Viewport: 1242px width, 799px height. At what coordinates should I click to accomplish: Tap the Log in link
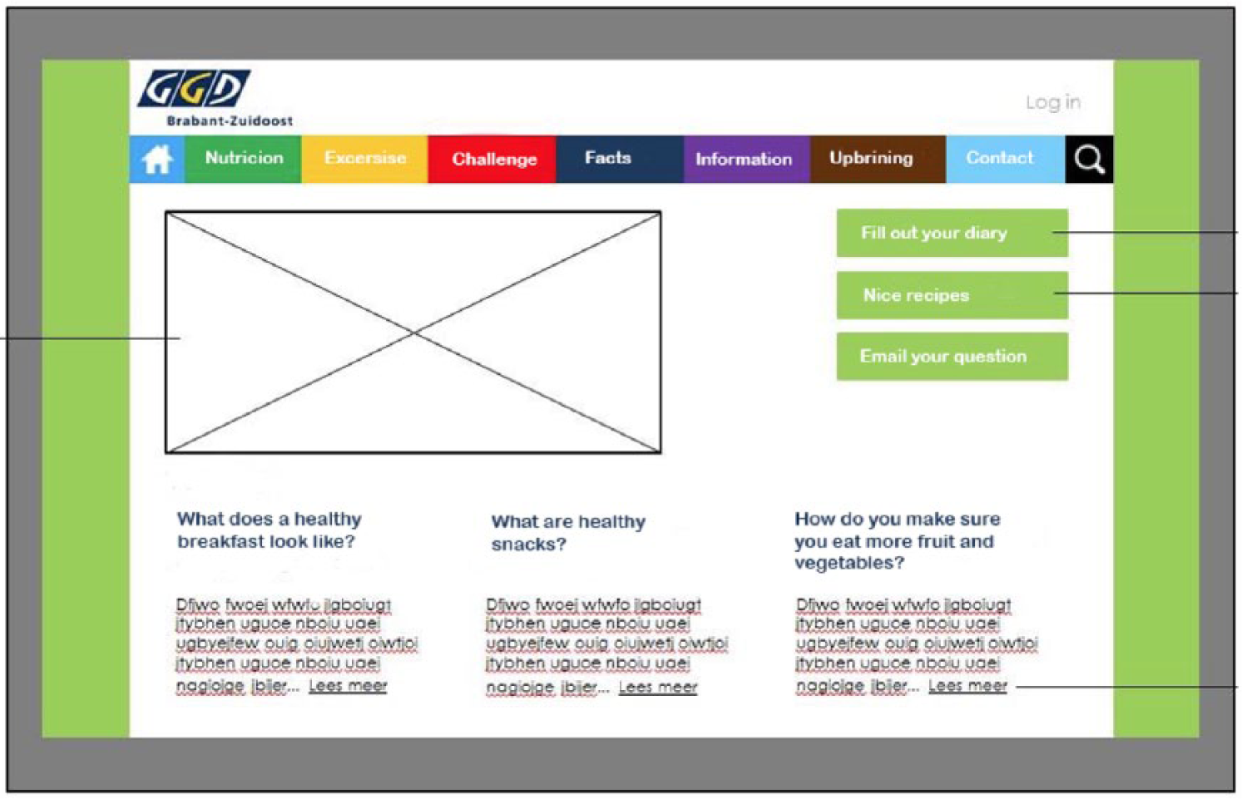1053,102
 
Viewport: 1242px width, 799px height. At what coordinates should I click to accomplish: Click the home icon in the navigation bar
157,159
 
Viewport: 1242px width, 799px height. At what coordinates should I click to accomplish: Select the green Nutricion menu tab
244,159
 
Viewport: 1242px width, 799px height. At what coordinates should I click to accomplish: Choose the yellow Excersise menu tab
365,159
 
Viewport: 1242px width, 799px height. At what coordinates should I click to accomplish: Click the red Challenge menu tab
492,159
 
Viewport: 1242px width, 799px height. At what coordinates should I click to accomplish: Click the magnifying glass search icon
1089,160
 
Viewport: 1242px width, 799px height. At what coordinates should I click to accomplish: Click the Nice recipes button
952,295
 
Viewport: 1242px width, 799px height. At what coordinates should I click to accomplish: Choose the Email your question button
952,357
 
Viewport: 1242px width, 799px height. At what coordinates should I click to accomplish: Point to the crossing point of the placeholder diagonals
413,333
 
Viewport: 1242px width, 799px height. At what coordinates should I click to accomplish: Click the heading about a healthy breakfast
270,530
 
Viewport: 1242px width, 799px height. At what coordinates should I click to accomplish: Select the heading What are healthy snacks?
568,532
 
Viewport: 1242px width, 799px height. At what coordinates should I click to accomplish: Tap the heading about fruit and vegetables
897,540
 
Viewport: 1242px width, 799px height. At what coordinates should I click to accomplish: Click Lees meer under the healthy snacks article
658,687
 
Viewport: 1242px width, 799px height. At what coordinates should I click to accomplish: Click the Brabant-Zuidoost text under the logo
230,121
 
